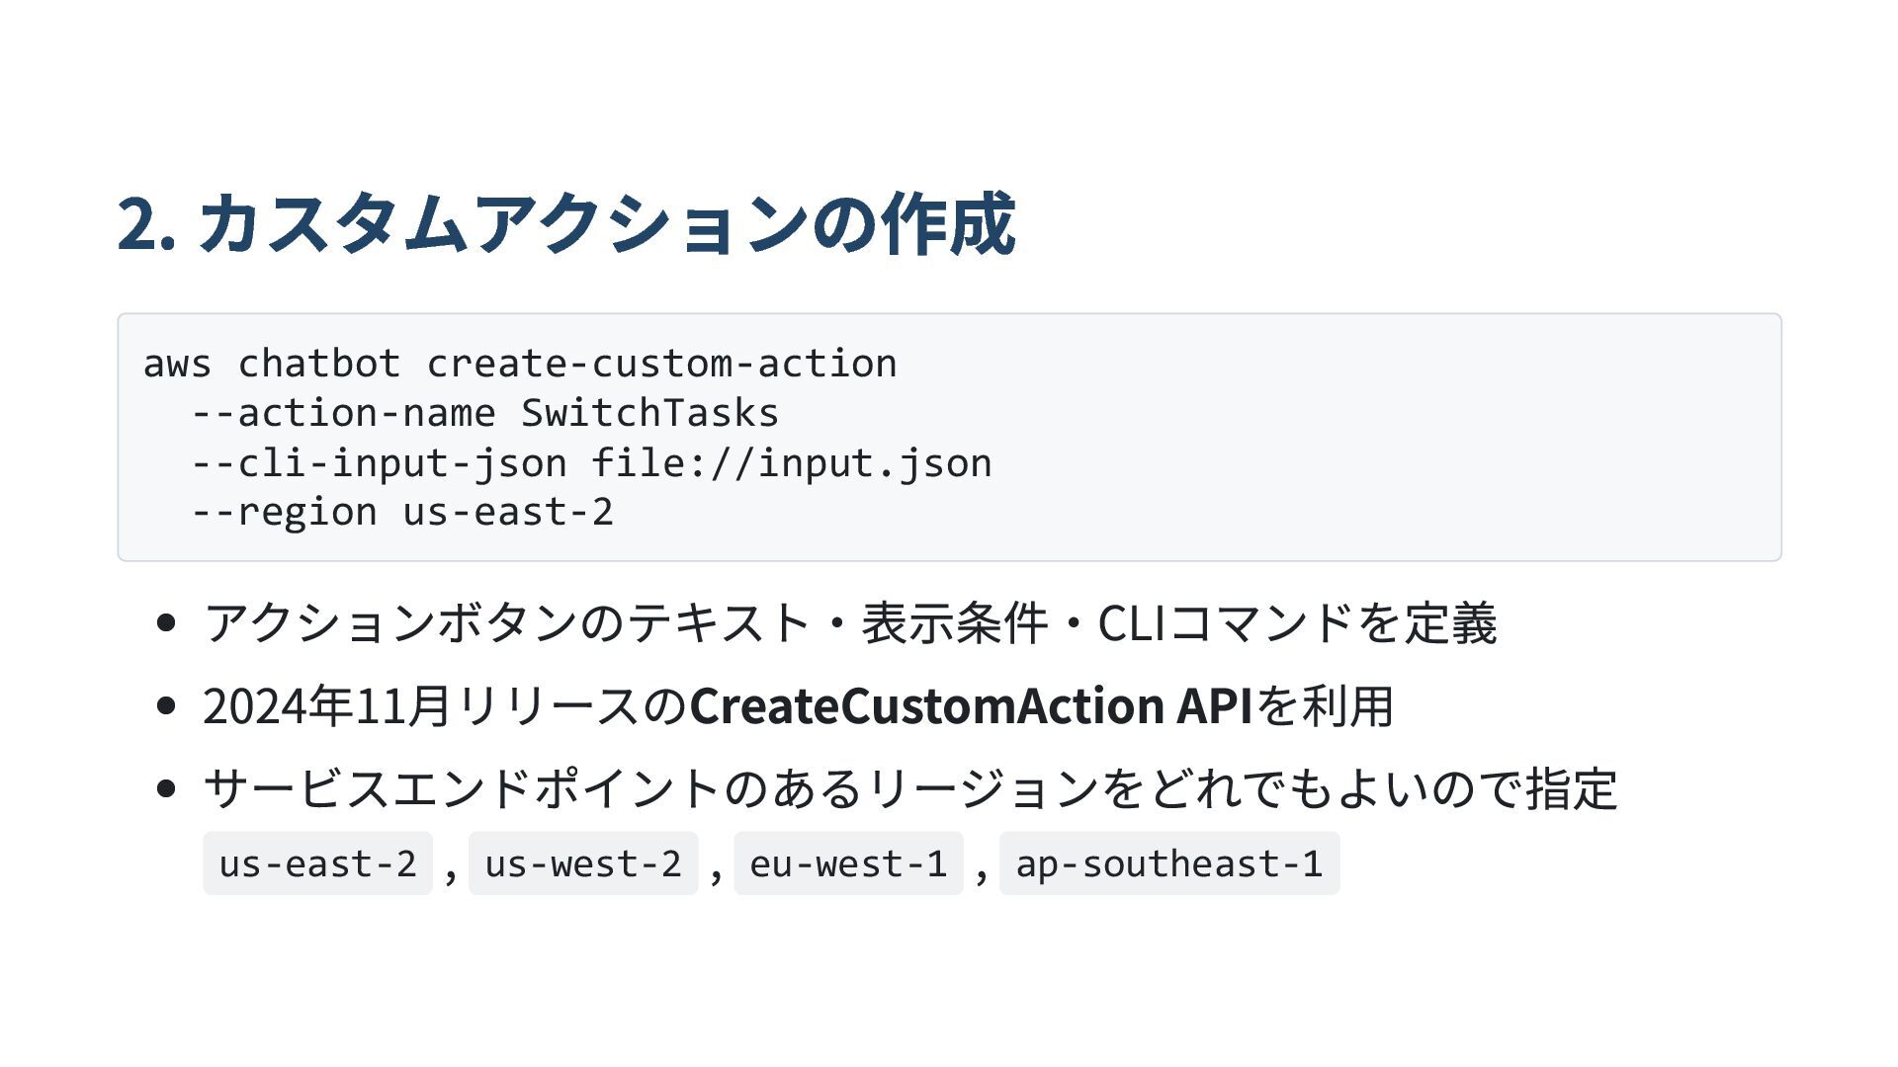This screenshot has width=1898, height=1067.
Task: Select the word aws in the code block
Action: [177, 365]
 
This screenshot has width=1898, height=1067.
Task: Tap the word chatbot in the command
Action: [319, 365]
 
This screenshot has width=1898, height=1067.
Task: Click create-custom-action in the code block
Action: [661, 365]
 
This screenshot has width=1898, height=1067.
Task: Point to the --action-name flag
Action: [343, 414]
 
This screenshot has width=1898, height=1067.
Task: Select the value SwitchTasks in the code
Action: [649, 414]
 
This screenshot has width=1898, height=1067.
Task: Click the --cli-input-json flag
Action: [379, 463]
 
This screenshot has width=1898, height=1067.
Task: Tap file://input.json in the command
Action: [792, 463]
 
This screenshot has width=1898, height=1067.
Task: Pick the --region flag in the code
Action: [284, 513]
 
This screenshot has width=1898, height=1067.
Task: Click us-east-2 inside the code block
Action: [508, 513]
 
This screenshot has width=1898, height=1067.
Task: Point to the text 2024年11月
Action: [327, 706]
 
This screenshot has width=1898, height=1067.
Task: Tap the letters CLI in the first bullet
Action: [1132, 623]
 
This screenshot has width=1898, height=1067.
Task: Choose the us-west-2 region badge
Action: [583, 864]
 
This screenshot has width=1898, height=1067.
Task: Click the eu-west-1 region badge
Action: [848, 864]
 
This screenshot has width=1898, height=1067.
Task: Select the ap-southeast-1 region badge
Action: [1169, 864]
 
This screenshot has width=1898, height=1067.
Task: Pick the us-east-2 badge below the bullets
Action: [317, 864]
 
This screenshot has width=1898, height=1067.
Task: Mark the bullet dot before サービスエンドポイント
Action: [166, 789]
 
